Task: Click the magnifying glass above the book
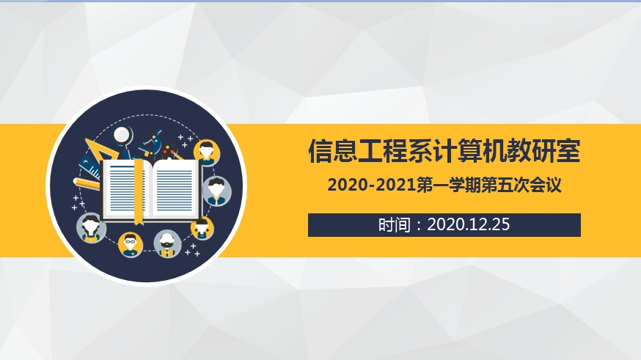pos(122,137)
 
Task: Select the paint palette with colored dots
pos(170,151)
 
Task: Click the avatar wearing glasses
pos(131,244)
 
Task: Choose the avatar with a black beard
pos(167,244)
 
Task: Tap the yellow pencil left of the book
pos(87,184)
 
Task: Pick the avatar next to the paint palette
pos(206,152)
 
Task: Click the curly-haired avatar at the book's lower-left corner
pos(91,228)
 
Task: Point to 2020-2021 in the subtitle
pos(372,185)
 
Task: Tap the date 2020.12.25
pos(469,225)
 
